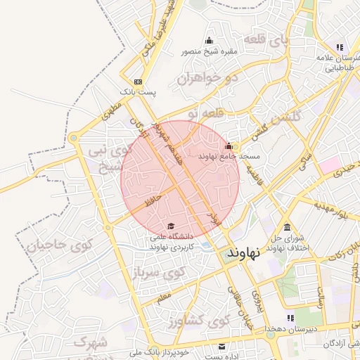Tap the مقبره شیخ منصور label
click(210, 51)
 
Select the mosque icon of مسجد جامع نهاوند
click(228, 146)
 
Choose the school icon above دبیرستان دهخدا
click(291, 319)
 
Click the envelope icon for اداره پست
click(222, 346)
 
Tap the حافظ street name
click(152, 199)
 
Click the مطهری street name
click(111, 110)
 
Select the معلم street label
click(164, 299)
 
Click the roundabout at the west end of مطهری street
click(72, 139)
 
